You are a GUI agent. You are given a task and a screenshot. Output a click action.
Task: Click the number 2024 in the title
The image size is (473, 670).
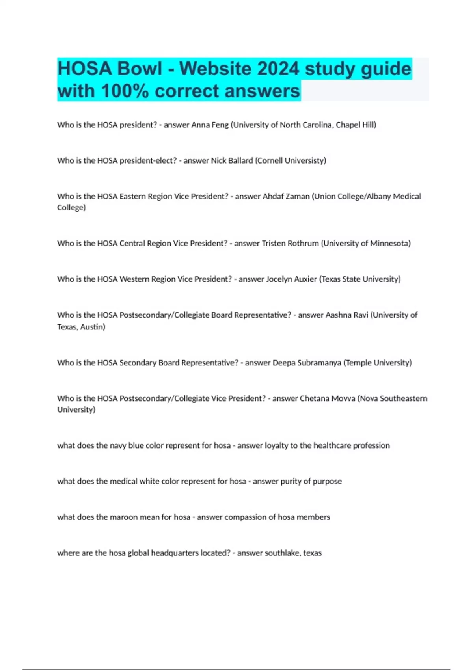click(278, 69)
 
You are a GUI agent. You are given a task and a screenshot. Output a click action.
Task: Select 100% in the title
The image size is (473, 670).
click(125, 91)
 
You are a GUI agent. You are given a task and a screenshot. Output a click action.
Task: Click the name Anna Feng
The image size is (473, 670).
click(210, 125)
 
